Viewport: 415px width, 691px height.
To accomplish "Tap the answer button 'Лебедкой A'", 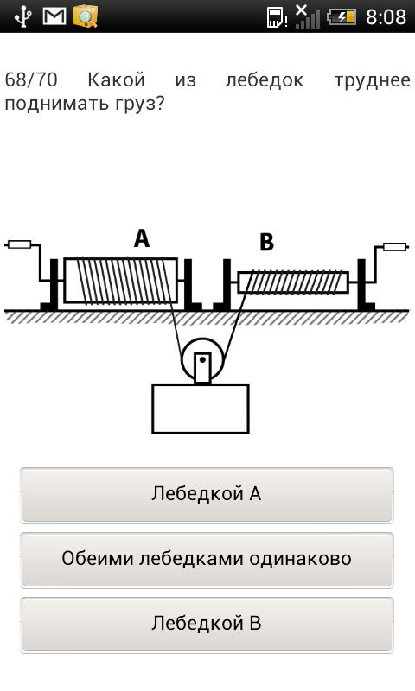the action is point(207,495).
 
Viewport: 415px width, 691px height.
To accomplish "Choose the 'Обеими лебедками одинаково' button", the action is point(207,560).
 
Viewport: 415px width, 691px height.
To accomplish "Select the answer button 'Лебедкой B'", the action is point(207,624).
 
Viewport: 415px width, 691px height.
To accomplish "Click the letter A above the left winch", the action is point(142,238).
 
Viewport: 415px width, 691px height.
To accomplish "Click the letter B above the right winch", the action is point(266,242).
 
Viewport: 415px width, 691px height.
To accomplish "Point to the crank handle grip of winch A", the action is point(19,244).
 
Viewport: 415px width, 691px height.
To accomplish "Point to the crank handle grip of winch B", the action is point(395,246).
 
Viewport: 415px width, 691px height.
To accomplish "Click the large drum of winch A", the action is point(120,281).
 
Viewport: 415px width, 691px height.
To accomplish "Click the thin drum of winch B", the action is point(293,282).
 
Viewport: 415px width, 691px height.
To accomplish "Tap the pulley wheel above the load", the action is point(202,359).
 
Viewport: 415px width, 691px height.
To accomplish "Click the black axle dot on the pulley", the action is point(202,359).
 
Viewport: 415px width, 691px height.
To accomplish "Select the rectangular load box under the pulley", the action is point(201,409).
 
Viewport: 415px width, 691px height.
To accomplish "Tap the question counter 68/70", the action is point(31,79).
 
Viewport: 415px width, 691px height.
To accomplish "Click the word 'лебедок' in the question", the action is point(265,80).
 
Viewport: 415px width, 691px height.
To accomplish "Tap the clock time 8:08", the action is point(386,17).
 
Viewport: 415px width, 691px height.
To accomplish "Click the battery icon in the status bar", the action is point(341,17).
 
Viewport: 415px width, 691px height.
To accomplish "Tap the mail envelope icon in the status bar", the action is point(54,16).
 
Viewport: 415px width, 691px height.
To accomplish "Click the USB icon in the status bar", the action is point(22,16).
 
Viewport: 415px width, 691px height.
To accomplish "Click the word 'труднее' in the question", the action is point(373,80).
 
